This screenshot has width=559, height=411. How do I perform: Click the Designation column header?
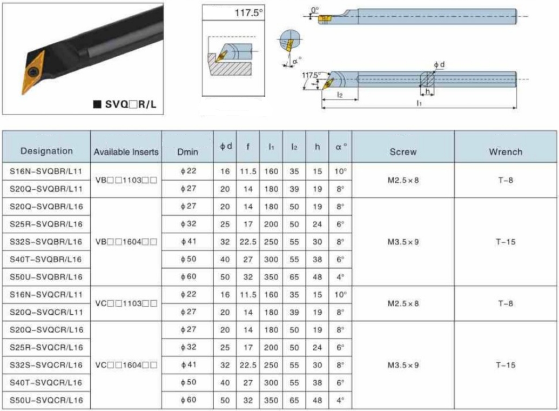pos(46,151)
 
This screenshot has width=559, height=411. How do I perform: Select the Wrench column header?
pos(506,152)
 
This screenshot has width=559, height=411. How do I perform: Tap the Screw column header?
pos(403,152)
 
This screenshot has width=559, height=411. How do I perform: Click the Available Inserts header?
pos(126,152)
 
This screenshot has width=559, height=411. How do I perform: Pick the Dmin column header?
pos(187,152)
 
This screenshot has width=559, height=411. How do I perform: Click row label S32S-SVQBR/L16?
pos(46,242)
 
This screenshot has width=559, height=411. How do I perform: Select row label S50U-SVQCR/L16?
pos(46,400)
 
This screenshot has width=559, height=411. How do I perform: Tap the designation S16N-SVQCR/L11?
pos(46,295)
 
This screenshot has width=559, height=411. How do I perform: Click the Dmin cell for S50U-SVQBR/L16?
pos(188,277)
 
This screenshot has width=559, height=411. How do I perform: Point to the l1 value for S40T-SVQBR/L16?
pos(271,260)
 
